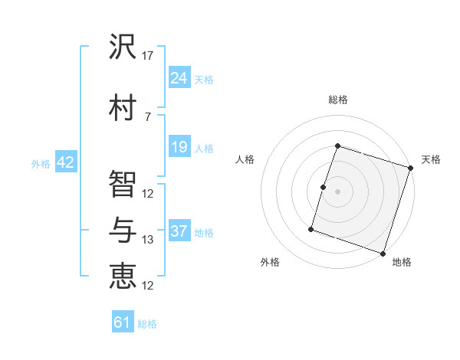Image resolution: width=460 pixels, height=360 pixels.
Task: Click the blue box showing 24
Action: pos(179,78)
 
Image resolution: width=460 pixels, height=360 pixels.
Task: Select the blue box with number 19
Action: pos(179,148)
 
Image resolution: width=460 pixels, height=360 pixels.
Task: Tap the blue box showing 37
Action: pos(179,231)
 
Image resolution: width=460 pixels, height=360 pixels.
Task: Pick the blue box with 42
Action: pos(65,162)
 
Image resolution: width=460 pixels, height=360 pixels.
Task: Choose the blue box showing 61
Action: pos(123,322)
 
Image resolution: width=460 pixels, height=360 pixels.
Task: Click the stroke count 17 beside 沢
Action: pos(148,56)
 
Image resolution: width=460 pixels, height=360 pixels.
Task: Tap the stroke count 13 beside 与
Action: pos(148,240)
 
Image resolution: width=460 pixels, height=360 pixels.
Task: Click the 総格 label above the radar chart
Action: pos(338,100)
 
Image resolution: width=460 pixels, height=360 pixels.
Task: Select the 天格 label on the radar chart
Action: pos(431,159)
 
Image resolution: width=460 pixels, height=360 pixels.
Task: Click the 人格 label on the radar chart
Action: pos(245,159)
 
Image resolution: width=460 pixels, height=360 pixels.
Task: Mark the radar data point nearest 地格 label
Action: pos(383,253)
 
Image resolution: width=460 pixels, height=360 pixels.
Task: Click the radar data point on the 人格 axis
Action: pos(324,187)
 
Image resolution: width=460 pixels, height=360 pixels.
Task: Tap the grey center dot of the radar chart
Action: pos(338,191)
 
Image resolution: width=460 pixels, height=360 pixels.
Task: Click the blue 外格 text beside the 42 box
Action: pos(41,163)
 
